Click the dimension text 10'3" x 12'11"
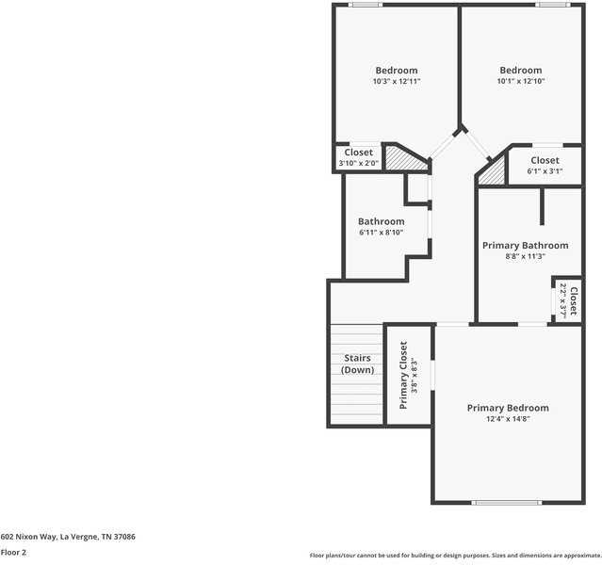coord(396,82)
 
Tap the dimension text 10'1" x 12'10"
coord(521,82)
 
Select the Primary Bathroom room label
coord(526,245)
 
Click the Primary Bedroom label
coord(508,408)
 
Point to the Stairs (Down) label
coord(357,364)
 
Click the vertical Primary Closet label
coord(403,375)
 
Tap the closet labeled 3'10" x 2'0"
coord(358,158)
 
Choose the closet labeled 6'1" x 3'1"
coord(545,166)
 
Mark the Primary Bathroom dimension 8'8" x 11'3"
coord(526,256)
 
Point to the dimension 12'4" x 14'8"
coord(508,419)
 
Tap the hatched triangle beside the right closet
coord(491,172)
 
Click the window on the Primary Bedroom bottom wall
coord(508,502)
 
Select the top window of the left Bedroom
coord(366,5)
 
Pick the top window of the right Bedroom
coord(552,5)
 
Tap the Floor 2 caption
coord(13,553)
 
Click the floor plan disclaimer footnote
coord(454,556)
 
